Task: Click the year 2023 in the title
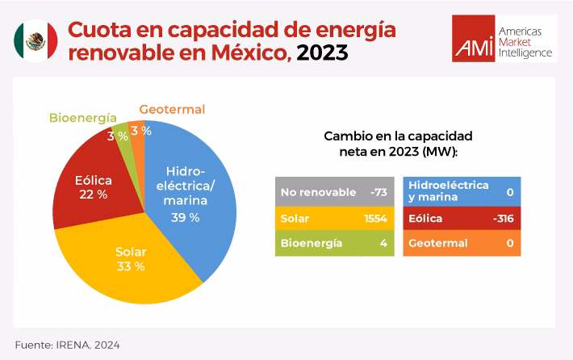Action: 323,54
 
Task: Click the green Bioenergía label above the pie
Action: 82,117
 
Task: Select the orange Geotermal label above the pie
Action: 172,109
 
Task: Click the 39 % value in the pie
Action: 185,217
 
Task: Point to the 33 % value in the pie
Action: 130,266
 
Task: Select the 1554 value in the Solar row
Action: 375,218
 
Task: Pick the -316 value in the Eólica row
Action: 505,218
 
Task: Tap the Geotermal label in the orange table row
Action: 437,243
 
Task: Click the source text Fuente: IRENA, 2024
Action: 67,345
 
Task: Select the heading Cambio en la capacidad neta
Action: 397,143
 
